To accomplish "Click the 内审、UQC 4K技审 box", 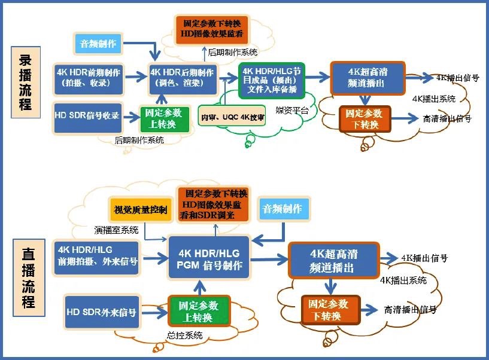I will pyautogui.click(x=232, y=117).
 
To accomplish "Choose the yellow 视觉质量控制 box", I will pyautogui.click(x=137, y=209).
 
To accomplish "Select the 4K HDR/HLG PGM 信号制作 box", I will pyautogui.click(x=208, y=258).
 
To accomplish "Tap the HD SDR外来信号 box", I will pyautogui.click(x=101, y=312).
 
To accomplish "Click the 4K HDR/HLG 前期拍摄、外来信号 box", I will pyautogui.click(x=96, y=257).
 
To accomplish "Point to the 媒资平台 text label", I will pyautogui.click(x=293, y=111).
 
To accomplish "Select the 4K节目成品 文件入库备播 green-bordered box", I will pyautogui.click(x=272, y=81).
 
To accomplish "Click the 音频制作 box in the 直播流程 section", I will pyautogui.click(x=283, y=209).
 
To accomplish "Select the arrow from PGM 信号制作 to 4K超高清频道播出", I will pyautogui.click(x=268, y=258).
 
